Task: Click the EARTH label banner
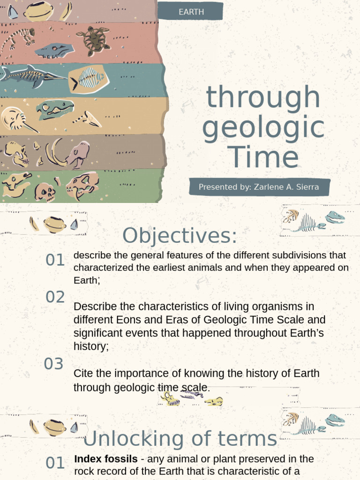click(x=191, y=12)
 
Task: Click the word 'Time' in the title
click(x=263, y=158)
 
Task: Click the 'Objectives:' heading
click(x=180, y=236)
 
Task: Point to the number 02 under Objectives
click(x=55, y=297)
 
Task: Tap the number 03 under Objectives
click(x=53, y=364)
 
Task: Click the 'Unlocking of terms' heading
click(x=180, y=439)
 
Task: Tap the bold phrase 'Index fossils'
click(x=106, y=459)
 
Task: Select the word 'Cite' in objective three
click(x=82, y=374)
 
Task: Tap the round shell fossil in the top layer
click(x=38, y=11)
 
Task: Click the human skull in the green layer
click(x=45, y=192)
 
